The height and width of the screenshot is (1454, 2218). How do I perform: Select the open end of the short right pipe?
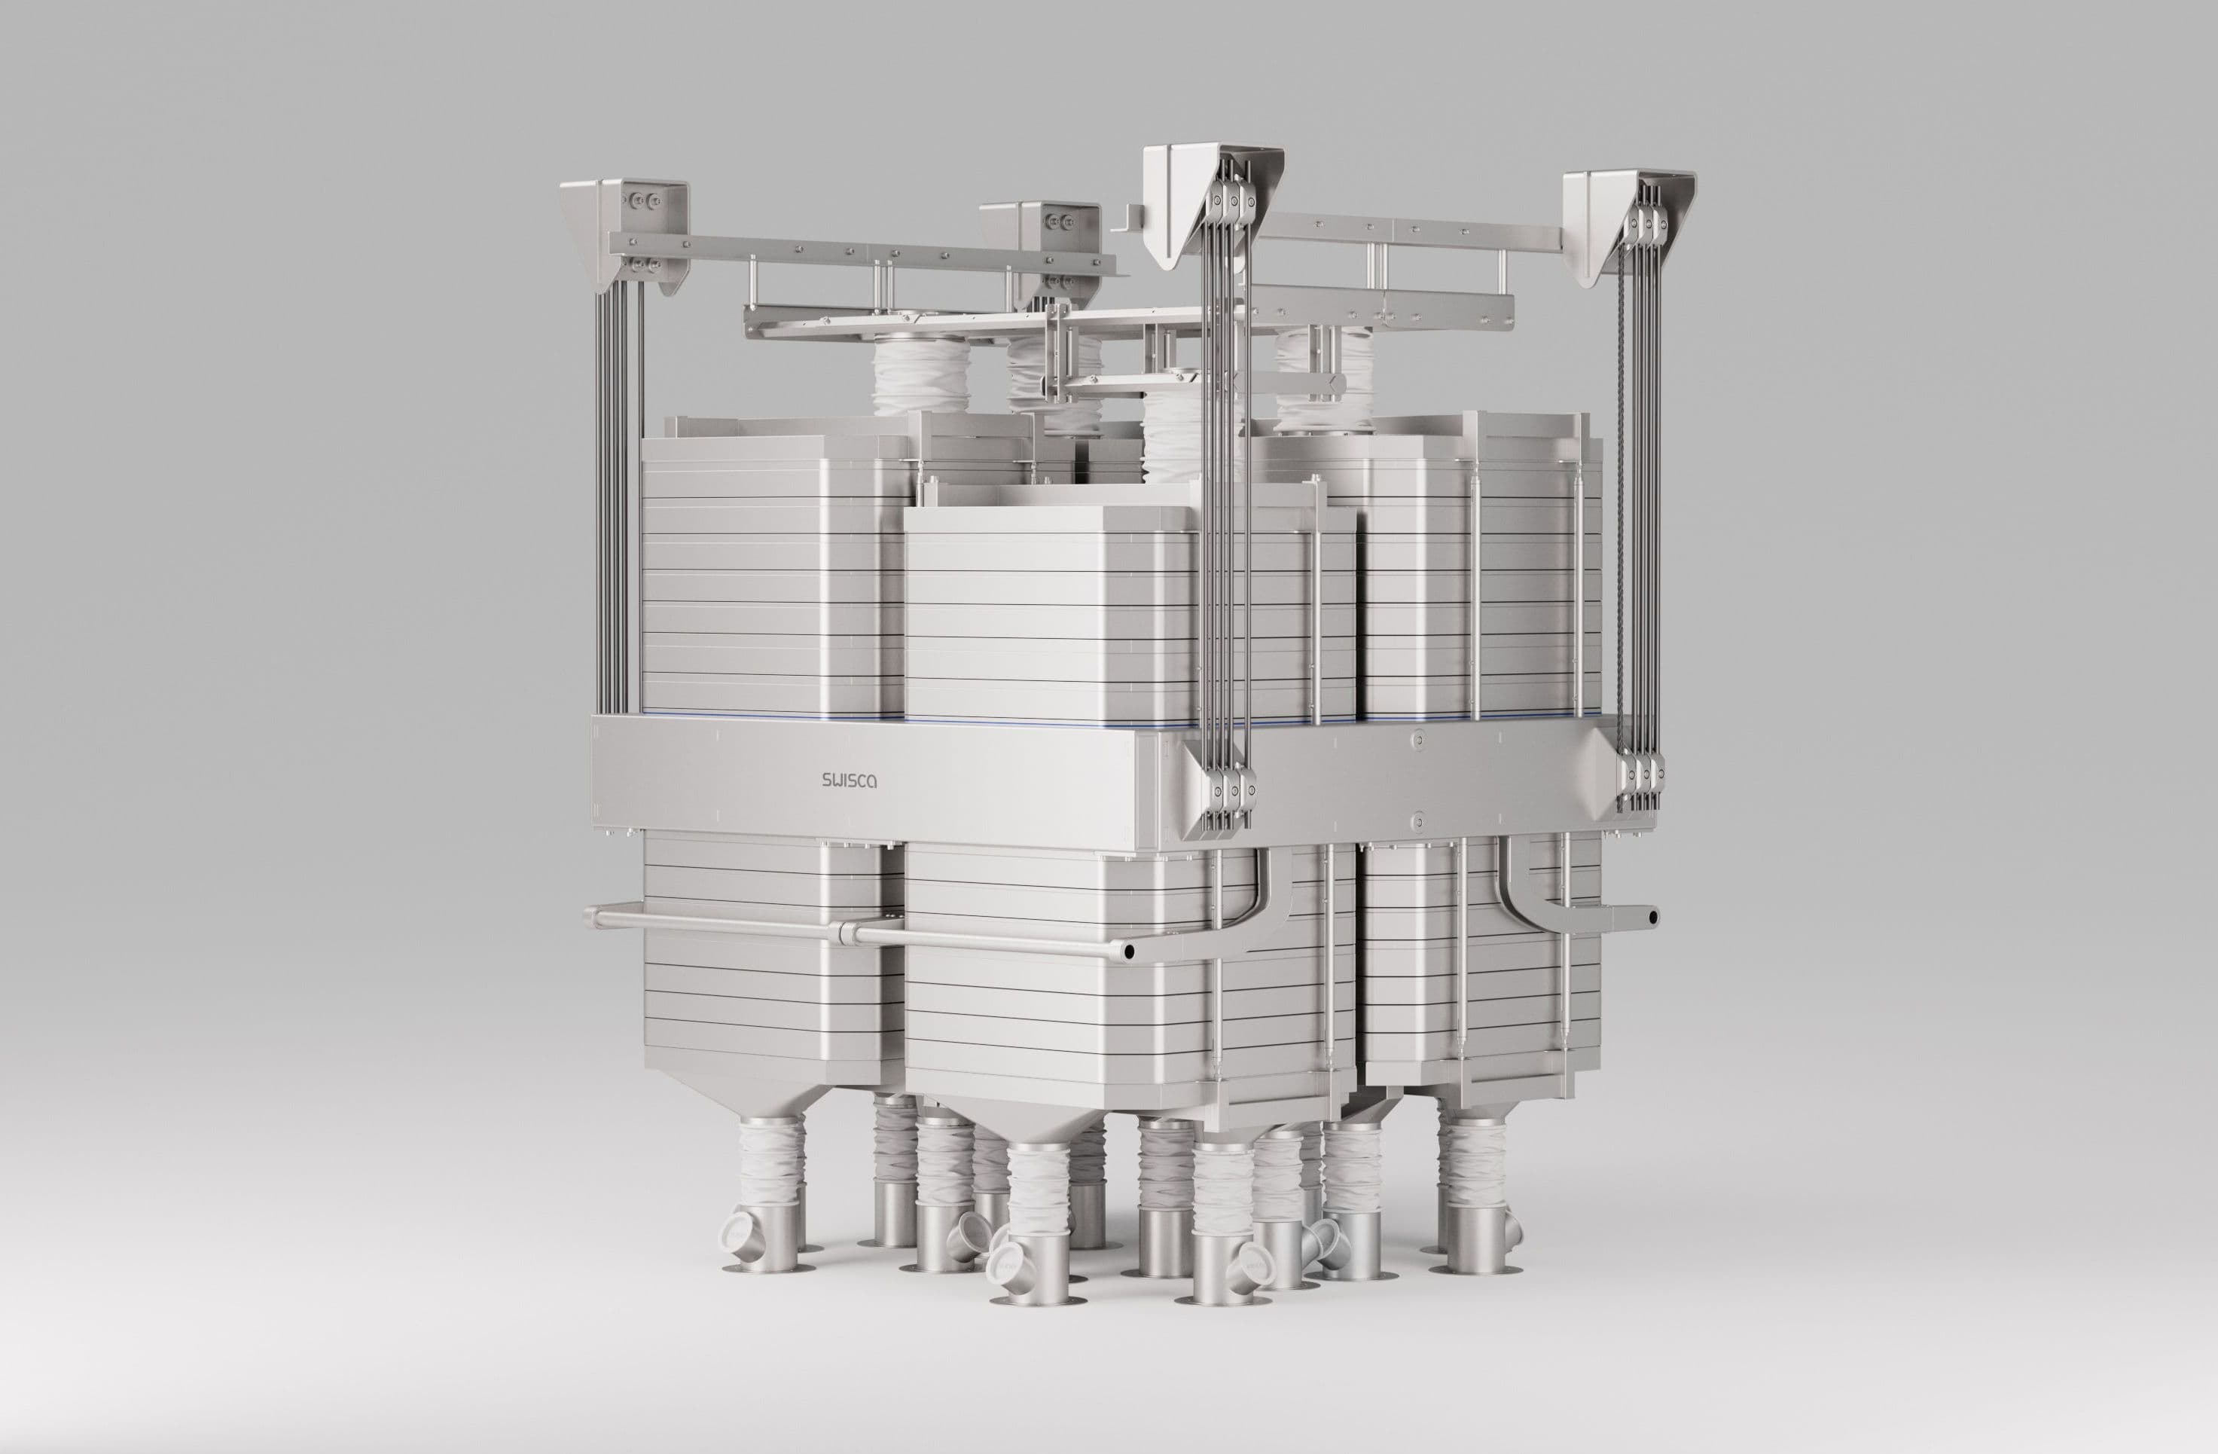[1652, 917]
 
